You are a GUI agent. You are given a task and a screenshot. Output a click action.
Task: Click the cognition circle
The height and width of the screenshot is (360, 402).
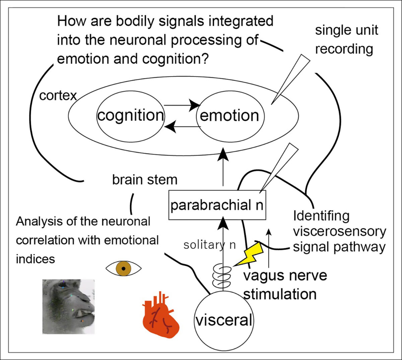pos(131,116)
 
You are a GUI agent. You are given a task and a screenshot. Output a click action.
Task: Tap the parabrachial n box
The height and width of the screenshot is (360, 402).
pos(217,205)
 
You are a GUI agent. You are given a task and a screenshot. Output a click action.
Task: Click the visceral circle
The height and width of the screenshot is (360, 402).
pos(224,320)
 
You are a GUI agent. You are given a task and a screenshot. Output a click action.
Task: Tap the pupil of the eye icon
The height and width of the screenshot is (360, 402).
pos(124,268)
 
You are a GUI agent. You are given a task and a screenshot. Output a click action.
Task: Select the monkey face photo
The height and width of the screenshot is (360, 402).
pos(68,306)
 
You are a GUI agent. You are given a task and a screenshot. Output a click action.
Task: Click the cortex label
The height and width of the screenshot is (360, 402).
pos(58,96)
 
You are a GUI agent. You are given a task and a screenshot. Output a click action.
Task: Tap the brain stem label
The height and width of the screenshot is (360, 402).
pos(144,180)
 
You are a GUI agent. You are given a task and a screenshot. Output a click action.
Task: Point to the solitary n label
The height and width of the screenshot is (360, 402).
pos(209,245)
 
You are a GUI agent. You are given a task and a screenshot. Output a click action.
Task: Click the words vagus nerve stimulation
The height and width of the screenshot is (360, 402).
pos(285,285)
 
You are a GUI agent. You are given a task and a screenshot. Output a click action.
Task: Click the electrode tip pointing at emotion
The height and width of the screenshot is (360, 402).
pos(273,102)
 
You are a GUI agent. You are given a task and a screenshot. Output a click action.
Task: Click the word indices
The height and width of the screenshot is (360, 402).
pos(35,259)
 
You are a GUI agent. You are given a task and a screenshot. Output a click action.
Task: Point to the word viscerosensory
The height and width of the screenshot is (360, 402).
pos(339,232)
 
